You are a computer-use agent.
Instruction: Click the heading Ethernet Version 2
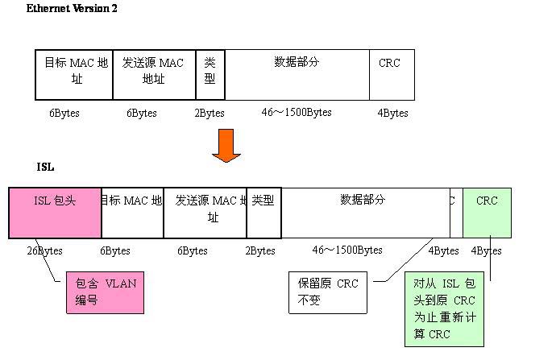[72, 8]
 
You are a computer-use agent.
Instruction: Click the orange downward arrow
[226, 145]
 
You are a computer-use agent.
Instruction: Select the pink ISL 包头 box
[55, 213]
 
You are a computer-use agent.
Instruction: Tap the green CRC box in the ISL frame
[487, 213]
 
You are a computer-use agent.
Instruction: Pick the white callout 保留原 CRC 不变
[328, 292]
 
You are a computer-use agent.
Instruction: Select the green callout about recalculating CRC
[444, 308]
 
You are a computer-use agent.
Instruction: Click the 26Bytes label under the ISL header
[44, 250]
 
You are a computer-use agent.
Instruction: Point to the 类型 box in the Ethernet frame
[210, 74]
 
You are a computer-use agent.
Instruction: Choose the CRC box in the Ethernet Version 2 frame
[391, 74]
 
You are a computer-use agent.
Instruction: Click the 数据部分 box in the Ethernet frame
[297, 74]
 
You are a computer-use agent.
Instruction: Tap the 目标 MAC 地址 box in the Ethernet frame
[75, 74]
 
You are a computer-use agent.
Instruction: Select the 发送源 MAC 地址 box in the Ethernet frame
[153, 74]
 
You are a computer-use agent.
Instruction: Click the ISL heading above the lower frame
[45, 168]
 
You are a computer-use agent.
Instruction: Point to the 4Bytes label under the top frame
[392, 113]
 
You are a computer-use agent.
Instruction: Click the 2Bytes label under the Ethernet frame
[210, 113]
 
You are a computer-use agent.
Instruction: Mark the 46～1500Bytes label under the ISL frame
[347, 250]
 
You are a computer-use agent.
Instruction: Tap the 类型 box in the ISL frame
[263, 213]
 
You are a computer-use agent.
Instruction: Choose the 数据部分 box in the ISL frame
[364, 213]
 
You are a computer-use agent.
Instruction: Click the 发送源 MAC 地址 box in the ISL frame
[205, 213]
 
